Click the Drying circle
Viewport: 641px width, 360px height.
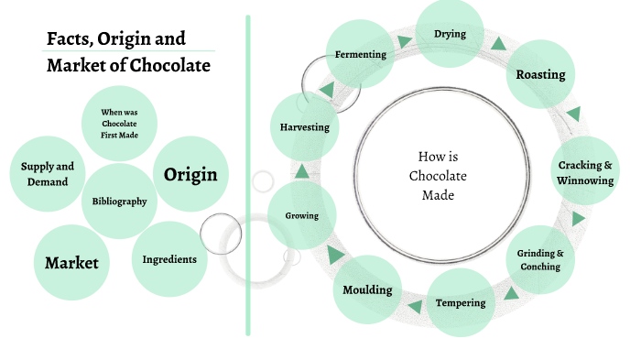point(450,35)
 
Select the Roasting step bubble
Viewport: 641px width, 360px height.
point(540,74)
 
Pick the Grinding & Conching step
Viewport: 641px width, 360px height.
point(540,259)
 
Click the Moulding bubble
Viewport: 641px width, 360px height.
point(367,290)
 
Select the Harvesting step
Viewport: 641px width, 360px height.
point(304,127)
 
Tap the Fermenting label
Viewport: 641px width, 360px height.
point(361,54)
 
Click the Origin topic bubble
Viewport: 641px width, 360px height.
point(190,174)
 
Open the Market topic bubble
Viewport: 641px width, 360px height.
point(71,263)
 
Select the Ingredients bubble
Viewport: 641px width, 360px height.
point(169,259)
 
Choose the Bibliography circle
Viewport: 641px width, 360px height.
point(119,202)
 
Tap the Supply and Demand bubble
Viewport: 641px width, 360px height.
point(48,174)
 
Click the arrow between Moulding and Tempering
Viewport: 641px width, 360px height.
point(415,306)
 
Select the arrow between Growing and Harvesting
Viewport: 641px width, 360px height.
point(300,171)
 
